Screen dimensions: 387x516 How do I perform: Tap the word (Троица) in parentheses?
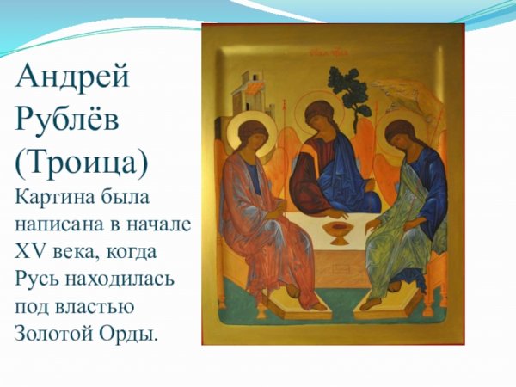[83, 163]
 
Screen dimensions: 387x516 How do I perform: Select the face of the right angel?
[401, 140]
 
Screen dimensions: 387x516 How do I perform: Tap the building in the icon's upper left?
[254, 84]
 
